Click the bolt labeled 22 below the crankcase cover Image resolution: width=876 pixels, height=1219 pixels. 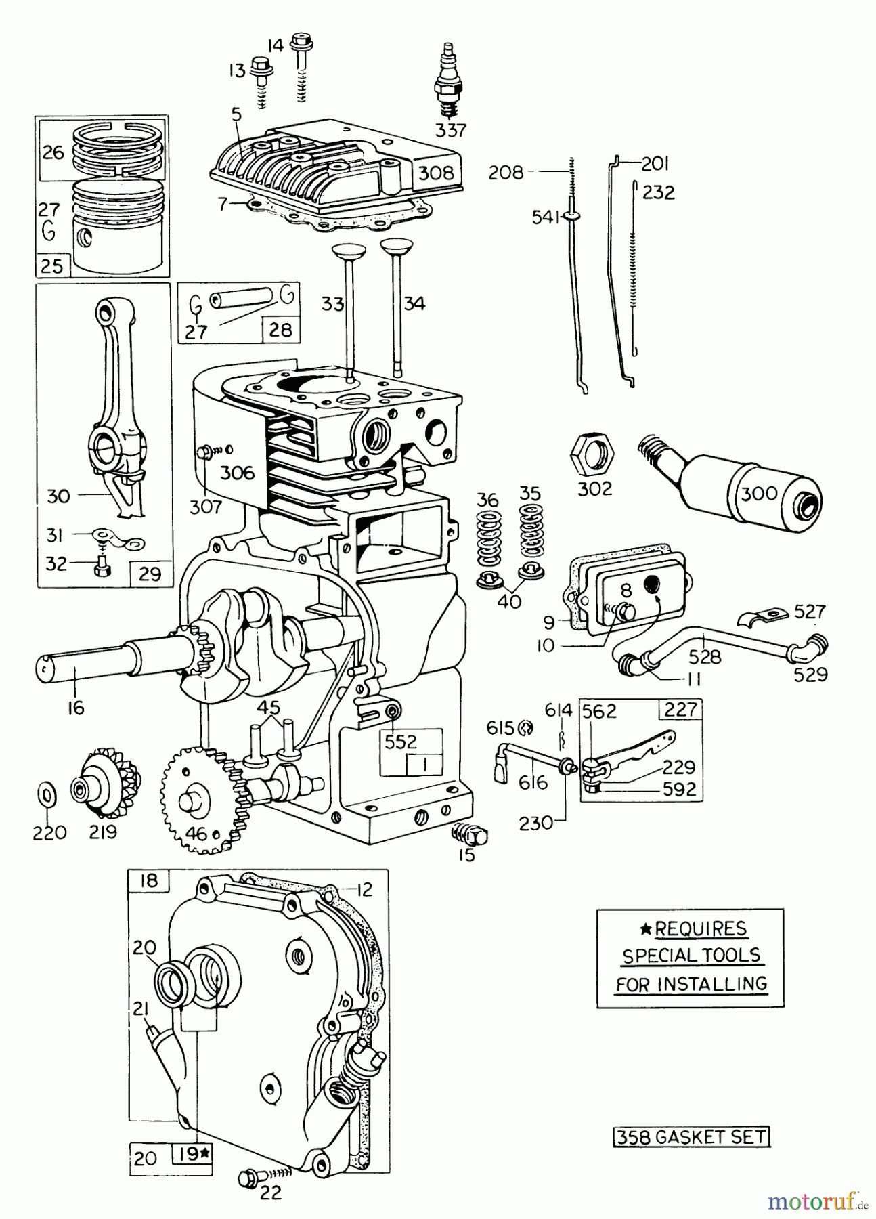(248, 1179)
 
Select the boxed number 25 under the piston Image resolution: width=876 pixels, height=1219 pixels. (51, 265)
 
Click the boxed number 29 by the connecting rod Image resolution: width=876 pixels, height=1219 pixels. (150, 574)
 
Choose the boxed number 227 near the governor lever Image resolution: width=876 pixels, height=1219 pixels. (680, 709)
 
